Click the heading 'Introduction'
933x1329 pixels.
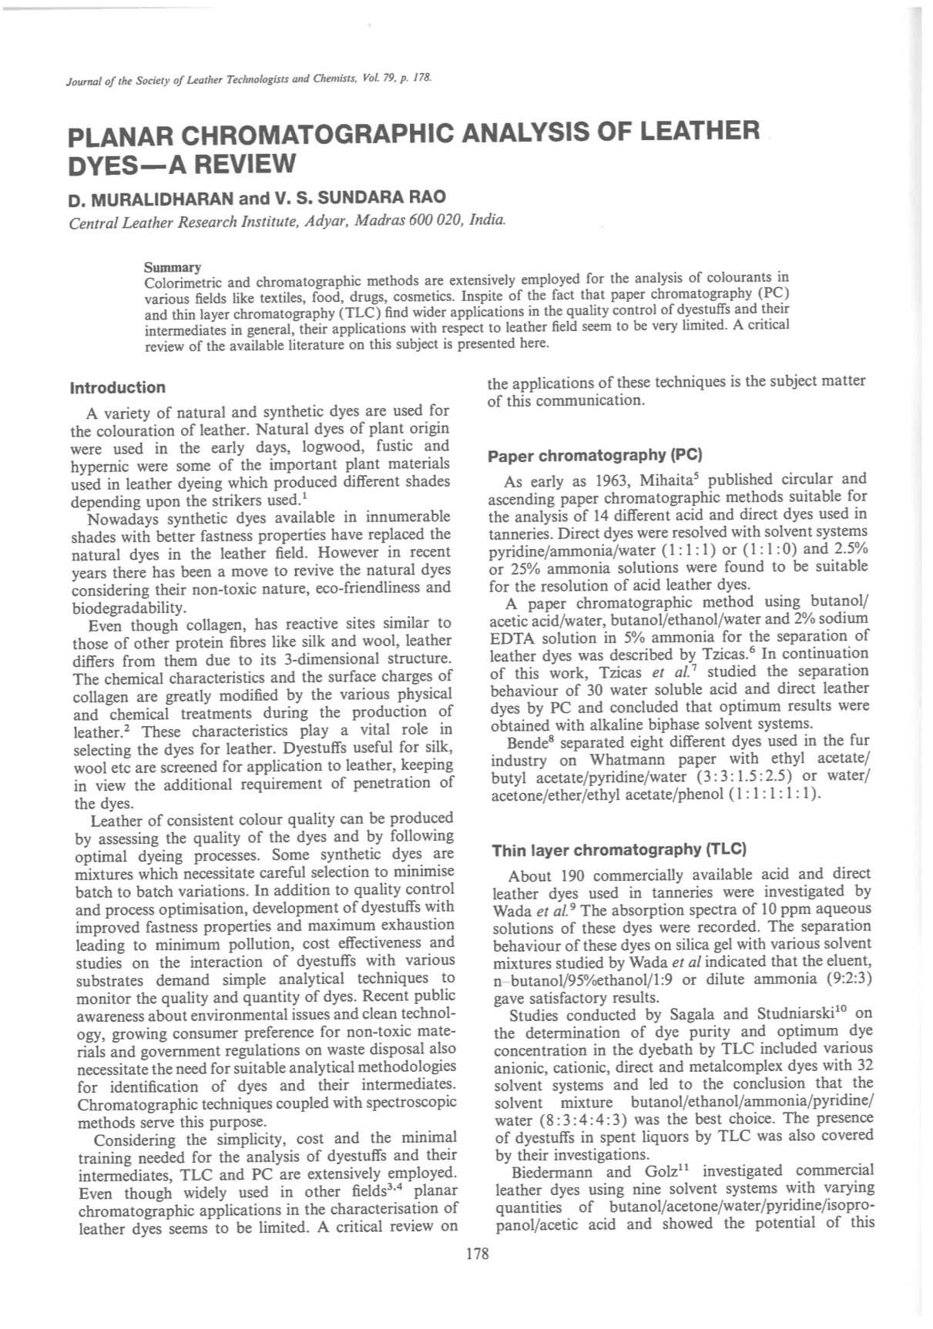pos(117,387)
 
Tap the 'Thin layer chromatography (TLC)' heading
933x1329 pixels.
pos(619,850)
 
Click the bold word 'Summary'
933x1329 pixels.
pos(173,267)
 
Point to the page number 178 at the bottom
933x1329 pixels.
pos(478,1254)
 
